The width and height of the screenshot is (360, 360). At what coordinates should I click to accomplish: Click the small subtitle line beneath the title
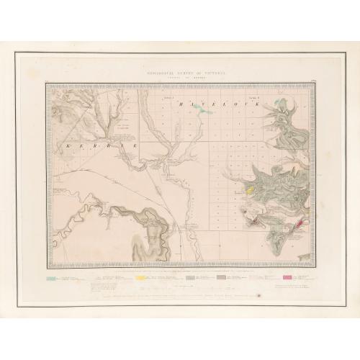pyautogui.click(x=180, y=77)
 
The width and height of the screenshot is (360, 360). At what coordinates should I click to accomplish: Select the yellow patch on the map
pyautogui.click(x=250, y=191)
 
